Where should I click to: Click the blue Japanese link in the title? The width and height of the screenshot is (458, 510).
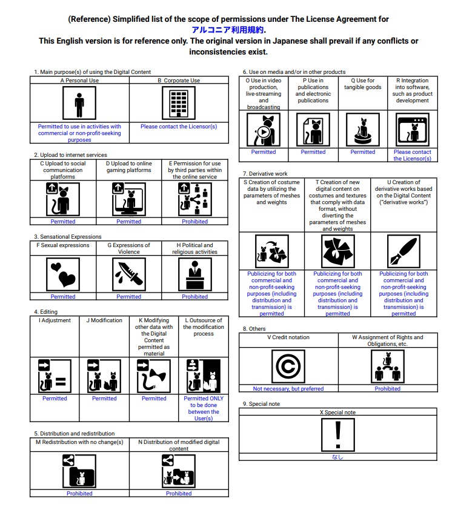coord(228,29)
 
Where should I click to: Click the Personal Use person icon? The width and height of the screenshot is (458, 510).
coord(79,104)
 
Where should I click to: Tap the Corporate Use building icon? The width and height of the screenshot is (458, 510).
coord(179,104)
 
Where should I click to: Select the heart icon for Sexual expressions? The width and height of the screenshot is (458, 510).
coord(63,274)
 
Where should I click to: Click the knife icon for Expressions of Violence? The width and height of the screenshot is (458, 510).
coord(129,274)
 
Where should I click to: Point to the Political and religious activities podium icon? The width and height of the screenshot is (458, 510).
coord(195,274)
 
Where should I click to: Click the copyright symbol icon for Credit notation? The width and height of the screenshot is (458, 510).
coord(288,366)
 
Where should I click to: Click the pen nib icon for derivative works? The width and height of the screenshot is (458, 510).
coord(403,251)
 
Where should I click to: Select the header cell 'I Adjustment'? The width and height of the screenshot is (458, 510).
coord(55,320)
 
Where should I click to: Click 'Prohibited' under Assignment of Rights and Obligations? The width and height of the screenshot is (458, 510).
coord(387,389)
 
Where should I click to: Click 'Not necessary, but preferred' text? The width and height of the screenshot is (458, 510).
coord(288,389)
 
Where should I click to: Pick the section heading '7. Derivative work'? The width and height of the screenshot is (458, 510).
coord(265,174)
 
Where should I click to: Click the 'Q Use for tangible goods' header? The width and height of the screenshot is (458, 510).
coord(362,84)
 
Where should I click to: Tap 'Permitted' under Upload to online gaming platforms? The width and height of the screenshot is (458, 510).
coord(129,222)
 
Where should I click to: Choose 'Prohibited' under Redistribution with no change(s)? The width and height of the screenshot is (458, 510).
coord(79,494)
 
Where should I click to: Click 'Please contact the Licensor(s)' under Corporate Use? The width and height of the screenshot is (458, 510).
coord(179,127)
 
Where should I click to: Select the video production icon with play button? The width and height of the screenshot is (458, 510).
coord(264,130)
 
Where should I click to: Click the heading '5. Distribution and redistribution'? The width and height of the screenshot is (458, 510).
coord(74,434)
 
